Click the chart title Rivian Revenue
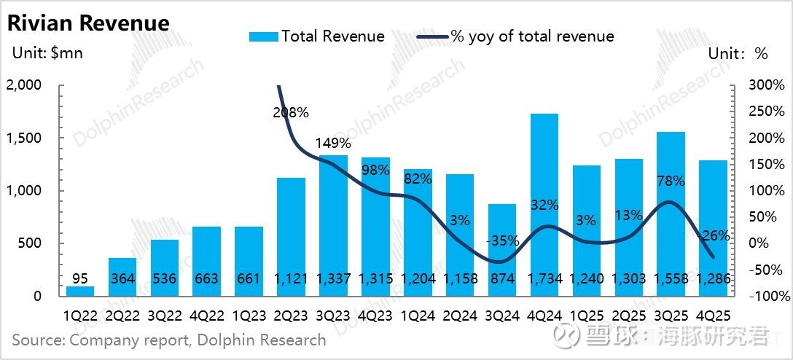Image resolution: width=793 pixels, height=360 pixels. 88,23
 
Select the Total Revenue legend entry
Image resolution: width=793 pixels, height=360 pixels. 317,36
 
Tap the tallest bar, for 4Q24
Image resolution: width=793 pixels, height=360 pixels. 544,204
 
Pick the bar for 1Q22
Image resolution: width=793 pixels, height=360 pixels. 80,291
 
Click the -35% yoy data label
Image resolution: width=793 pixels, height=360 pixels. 501,240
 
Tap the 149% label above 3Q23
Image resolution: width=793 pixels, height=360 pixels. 332,143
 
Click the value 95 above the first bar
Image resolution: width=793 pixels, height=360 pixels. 80,278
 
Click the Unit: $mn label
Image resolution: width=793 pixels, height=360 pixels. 48,53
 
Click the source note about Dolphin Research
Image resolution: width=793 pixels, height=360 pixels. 168,340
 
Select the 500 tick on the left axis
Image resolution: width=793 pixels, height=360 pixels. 30,243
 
